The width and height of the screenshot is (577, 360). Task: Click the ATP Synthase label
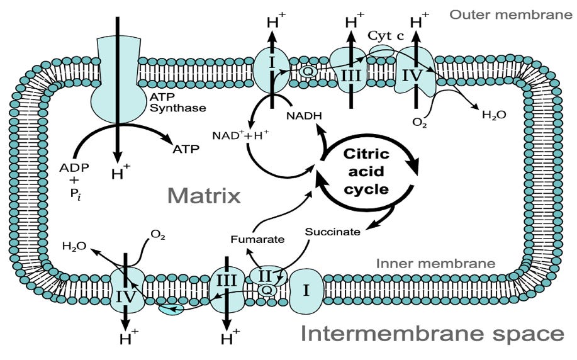pos(177,102)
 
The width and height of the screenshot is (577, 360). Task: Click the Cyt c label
pos(386,36)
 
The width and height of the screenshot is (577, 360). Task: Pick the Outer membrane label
pos(510,14)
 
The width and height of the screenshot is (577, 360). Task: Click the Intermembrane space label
pos(431,333)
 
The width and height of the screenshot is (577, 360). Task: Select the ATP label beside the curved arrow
pos(186,149)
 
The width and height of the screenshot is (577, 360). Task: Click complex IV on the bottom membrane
pos(125,294)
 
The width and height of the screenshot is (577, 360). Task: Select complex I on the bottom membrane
pos(306,291)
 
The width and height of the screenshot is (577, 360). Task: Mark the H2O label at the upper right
pos(494,115)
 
